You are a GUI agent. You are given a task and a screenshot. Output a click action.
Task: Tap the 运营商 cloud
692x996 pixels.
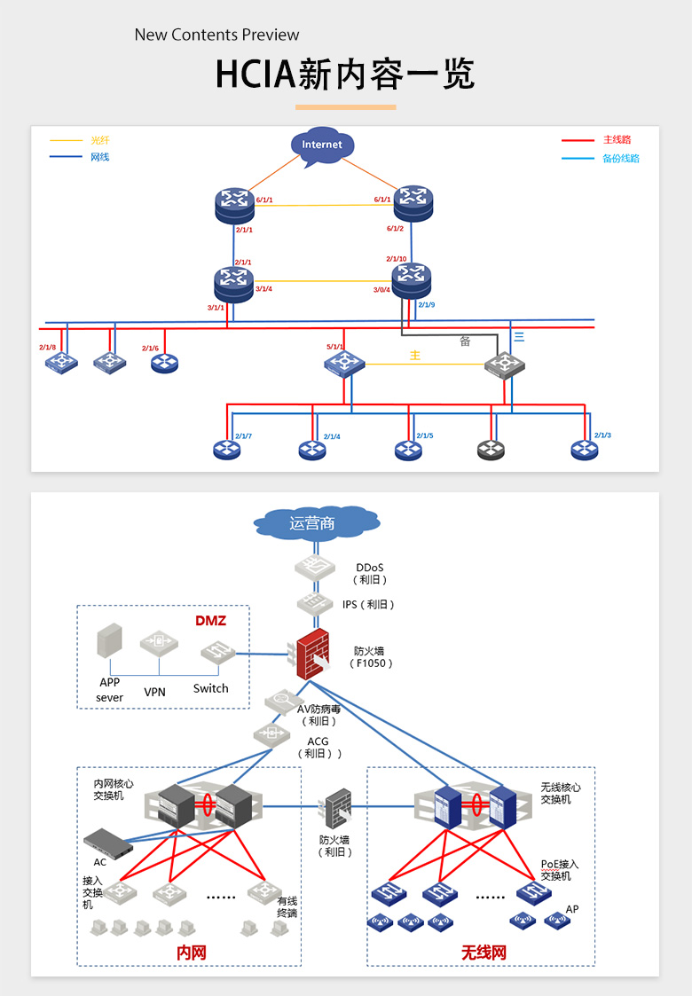tap(313, 523)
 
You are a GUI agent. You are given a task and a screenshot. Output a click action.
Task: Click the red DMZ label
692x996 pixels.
tap(211, 621)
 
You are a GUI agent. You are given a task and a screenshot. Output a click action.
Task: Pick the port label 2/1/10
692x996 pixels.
tap(396, 259)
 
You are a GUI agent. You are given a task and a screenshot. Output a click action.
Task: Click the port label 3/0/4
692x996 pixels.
tap(381, 290)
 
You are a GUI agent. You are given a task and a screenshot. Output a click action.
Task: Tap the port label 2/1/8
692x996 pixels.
tap(47, 348)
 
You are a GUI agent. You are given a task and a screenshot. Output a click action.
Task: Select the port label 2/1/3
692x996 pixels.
tap(602, 435)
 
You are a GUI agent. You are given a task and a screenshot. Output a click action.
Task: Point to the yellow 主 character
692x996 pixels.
tap(414, 355)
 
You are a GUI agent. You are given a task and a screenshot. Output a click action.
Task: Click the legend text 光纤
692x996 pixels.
tap(100, 140)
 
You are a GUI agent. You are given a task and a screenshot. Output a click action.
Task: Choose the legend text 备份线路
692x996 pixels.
tap(621, 159)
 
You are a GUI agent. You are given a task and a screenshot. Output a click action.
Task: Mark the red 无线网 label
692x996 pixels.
tap(484, 953)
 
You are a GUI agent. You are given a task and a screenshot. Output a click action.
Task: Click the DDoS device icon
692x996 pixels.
tap(313, 569)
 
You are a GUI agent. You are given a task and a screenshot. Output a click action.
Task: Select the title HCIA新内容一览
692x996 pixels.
tap(345, 75)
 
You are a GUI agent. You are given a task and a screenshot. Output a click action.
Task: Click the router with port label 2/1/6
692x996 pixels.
tap(164, 362)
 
